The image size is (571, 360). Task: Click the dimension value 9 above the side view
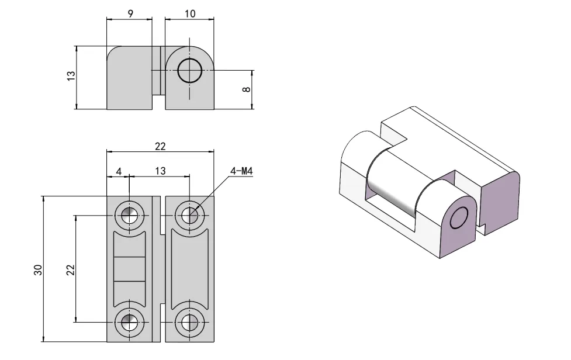(x=130, y=13)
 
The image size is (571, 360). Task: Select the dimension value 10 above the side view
(x=190, y=13)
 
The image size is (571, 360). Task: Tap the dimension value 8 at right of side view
(x=246, y=89)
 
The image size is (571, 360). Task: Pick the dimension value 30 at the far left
(x=38, y=269)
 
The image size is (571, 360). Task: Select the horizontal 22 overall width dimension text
(x=160, y=146)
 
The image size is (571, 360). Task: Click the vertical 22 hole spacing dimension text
(x=70, y=269)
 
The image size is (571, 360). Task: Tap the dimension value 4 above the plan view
(x=119, y=171)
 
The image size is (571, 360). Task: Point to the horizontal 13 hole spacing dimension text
(x=160, y=171)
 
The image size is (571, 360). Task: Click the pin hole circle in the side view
(x=189, y=71)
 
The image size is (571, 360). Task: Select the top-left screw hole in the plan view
(x=129, y=215)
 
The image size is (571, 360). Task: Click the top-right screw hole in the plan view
(x=189, y=215)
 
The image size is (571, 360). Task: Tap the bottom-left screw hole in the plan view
(x=129, y=321)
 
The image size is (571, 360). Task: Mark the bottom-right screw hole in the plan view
(x=189, y=321)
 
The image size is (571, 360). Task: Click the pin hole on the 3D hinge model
(x=459, y=218)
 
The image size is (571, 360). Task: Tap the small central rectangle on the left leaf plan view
(x=129, y=269)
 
